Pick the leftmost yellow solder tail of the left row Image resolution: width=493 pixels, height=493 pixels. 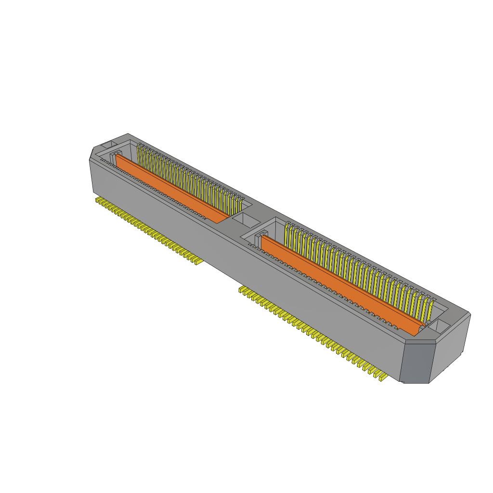(x=98, y=199)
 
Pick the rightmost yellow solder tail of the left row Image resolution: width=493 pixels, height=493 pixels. (x=196, y=260)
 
